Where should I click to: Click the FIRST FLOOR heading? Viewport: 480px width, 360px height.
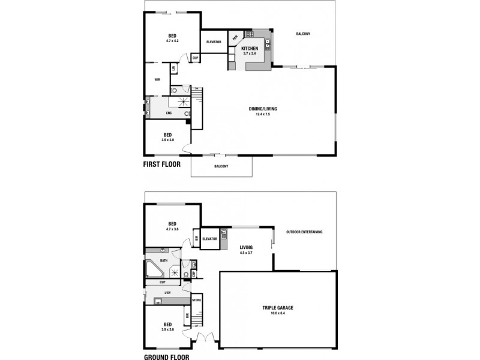[166, 163]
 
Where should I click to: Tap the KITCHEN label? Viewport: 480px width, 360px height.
[250, 48]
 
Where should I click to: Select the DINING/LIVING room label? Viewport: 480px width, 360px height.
[263, 109]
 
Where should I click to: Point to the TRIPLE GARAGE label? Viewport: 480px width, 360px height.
[277, 307]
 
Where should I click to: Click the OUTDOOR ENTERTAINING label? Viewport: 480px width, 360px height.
[304, 232]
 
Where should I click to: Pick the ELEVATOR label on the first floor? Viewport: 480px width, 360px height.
[214, 41]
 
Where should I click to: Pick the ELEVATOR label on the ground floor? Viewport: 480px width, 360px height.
[209, 238]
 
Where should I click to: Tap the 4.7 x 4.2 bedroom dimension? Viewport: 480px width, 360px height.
[172, 41]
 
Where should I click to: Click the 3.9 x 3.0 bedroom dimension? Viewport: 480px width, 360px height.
[168, 140]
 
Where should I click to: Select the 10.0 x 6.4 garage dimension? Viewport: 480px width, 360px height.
[277, 313]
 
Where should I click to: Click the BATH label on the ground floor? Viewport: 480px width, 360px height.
[164, 260]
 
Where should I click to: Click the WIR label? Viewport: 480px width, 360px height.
[157, 79]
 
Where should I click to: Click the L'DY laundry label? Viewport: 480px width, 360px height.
[168, 292]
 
